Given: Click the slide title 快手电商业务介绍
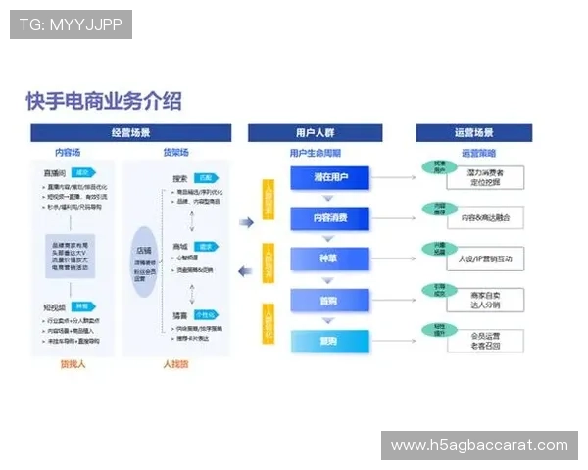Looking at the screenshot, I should tap(104, 101).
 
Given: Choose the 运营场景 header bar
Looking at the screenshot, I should tap(474, 133).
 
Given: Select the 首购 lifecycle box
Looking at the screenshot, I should tap(326, 299).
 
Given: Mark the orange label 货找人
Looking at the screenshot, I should tap(73, 364).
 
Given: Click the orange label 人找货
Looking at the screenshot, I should tap(171, 364).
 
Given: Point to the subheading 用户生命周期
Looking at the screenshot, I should tap(314, 153).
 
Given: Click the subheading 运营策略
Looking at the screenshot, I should tap(476, 153).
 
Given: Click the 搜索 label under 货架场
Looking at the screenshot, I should tap(179, 178).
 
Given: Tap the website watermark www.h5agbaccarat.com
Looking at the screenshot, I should tap(478, 446).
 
